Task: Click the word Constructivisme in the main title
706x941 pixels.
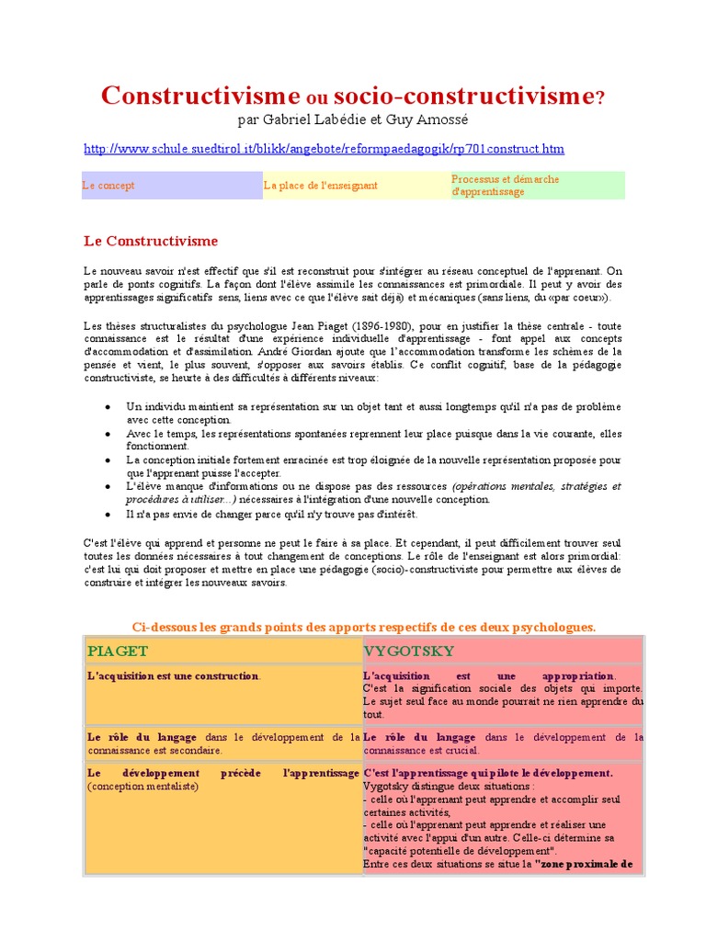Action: (x=200, y=96)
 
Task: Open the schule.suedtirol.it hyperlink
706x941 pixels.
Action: (x=324, y=148)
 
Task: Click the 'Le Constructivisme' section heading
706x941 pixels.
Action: (x=151, y=242)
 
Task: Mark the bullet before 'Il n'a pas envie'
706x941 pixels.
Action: (x=109, y=515)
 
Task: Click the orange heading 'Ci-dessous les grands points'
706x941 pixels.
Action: (x=364, y=627)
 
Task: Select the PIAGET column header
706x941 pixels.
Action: (x=118, y=651)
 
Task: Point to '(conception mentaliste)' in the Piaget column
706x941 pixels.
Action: (x=142, y=787)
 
